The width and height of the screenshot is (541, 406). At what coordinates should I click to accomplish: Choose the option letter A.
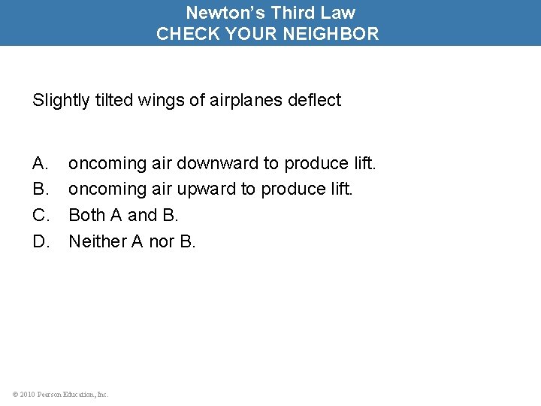40,163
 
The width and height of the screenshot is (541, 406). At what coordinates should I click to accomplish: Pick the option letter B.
40,189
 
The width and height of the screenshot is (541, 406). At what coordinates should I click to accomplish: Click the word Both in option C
86,215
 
